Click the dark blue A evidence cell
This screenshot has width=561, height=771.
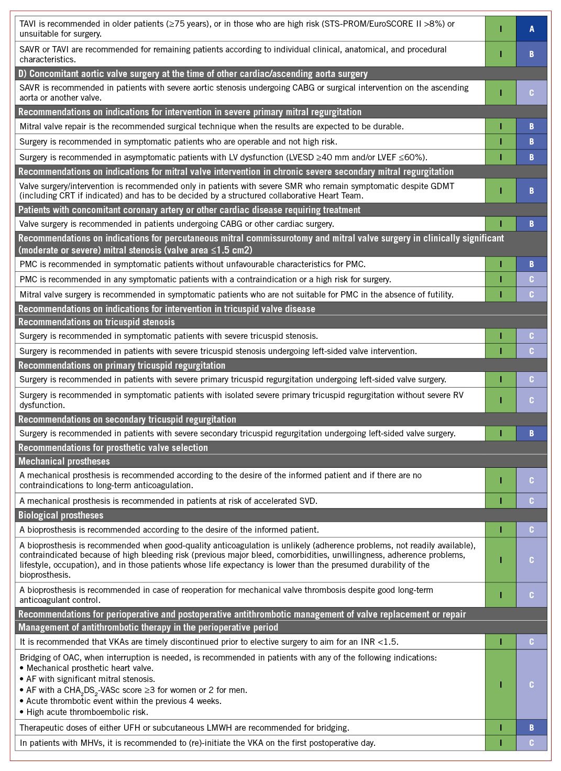tap(531, 29)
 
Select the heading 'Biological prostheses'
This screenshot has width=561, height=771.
tap(61, 515)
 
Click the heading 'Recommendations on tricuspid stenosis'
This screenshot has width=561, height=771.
tap(96, 322)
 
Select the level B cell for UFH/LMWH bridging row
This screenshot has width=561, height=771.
tap(531, 728)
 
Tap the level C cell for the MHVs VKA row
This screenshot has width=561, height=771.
tap(531, 743)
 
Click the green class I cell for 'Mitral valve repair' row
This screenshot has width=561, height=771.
tap(500, 126)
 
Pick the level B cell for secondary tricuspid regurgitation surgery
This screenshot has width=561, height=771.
tap(531, 434)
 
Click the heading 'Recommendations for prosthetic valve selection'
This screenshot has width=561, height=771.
tap(113, 448)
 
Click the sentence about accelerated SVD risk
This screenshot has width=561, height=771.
tap(168, 501)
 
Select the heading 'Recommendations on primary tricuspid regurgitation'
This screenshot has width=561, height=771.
tap(122, 366)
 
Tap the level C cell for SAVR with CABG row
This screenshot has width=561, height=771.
tap(531, 93)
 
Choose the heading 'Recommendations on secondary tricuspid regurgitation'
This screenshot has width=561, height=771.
tap(127, 420)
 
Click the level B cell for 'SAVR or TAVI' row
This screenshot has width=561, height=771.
tap(531, 54)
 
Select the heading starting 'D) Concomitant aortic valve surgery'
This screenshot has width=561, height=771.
tap(193, 74)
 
